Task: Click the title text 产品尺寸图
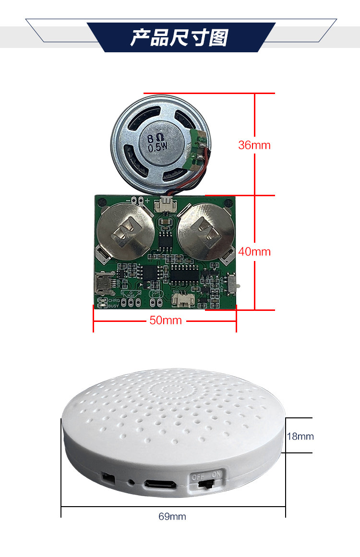(180, 38)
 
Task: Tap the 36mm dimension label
(254, 145)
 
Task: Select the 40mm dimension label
(254, 251)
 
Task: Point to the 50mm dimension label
(166, 320)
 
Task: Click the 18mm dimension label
(300, 436)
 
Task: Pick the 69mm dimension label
(172, 516)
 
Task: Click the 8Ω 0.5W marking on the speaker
(156, 143)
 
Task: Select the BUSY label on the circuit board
(113, 306)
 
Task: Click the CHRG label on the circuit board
(114, 300)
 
